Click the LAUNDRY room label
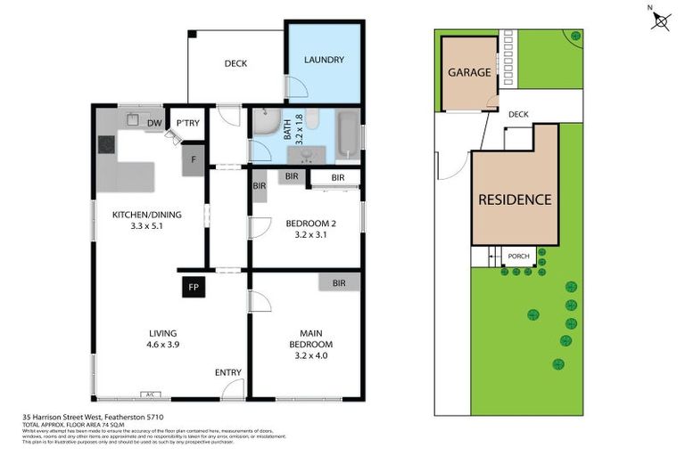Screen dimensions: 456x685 tap(323, 61)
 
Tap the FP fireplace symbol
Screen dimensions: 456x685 tap(193, 287)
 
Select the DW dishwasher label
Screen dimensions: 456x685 tap(153, 123)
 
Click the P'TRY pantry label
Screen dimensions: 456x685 tap(186, 123)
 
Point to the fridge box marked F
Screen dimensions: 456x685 tap(194, 160)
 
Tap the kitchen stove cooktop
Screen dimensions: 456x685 tap(107, 143)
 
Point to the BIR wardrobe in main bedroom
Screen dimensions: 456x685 tap(339, 282)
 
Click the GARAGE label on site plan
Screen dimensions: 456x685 tap(469, 72)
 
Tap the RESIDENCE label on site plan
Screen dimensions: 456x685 tap(515, 199)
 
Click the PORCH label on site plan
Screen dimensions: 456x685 tap(518, 256)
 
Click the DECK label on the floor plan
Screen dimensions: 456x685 tap(235, 63)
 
